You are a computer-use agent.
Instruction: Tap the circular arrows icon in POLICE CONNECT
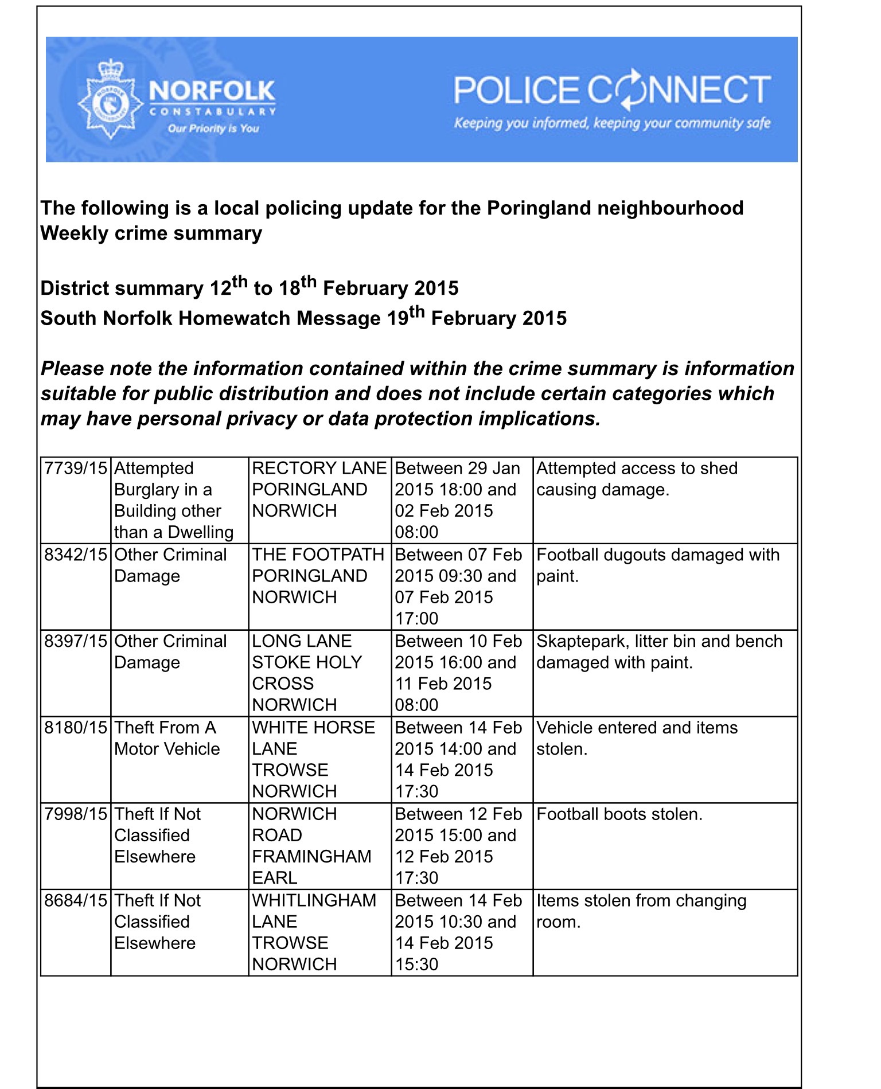[630, 90]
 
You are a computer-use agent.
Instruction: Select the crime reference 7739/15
[76, 469]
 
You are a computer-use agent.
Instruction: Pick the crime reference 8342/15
[76, 555]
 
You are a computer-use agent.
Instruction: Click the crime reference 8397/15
[76, 641]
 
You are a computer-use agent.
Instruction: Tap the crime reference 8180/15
[76, 728]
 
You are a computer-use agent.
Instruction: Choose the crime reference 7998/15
[76, 814]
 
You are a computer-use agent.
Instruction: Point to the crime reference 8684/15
[76, 901]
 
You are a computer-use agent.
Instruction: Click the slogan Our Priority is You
[213, 128]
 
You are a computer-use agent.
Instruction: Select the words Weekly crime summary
[151, 233]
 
